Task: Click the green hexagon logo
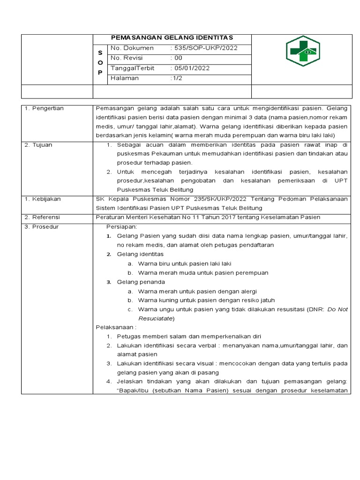(x=303, y=51)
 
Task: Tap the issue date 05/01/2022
(x=192, y=68)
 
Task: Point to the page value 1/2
(x=176, y=78)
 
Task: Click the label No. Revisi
(x=126, y=58)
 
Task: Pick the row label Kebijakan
(x=44, y=199)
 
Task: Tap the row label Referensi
(x=44, y=217)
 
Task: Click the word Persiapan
(x=121, y=226)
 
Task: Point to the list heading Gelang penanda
(x=141, y=282)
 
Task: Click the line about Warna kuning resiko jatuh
(x=206, y=300)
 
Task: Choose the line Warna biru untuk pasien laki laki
(x=185, y=263)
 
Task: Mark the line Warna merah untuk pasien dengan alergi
(x=197, y=291)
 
